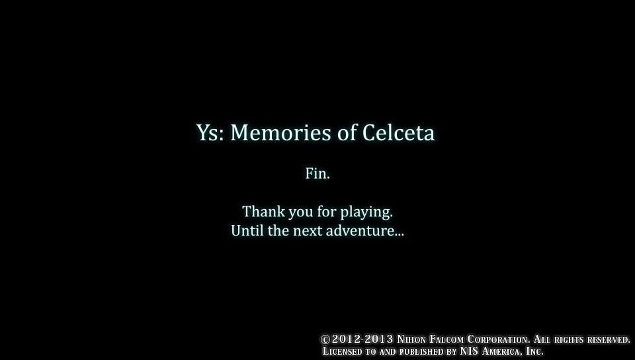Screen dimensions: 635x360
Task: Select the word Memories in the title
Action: click(280, 132)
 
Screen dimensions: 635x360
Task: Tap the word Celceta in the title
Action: click(398, 132)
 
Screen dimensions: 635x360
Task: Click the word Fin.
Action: click(317, 173)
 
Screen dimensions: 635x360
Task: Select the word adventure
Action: click(365, 231)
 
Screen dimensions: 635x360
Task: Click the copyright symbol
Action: click(325, 339)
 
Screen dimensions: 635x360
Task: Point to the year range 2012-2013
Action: click(362, 339)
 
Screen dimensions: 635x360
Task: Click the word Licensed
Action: click(342, 351)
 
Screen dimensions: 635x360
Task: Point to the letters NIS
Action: click(469, 351)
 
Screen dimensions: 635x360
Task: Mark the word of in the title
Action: click(347, 132)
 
